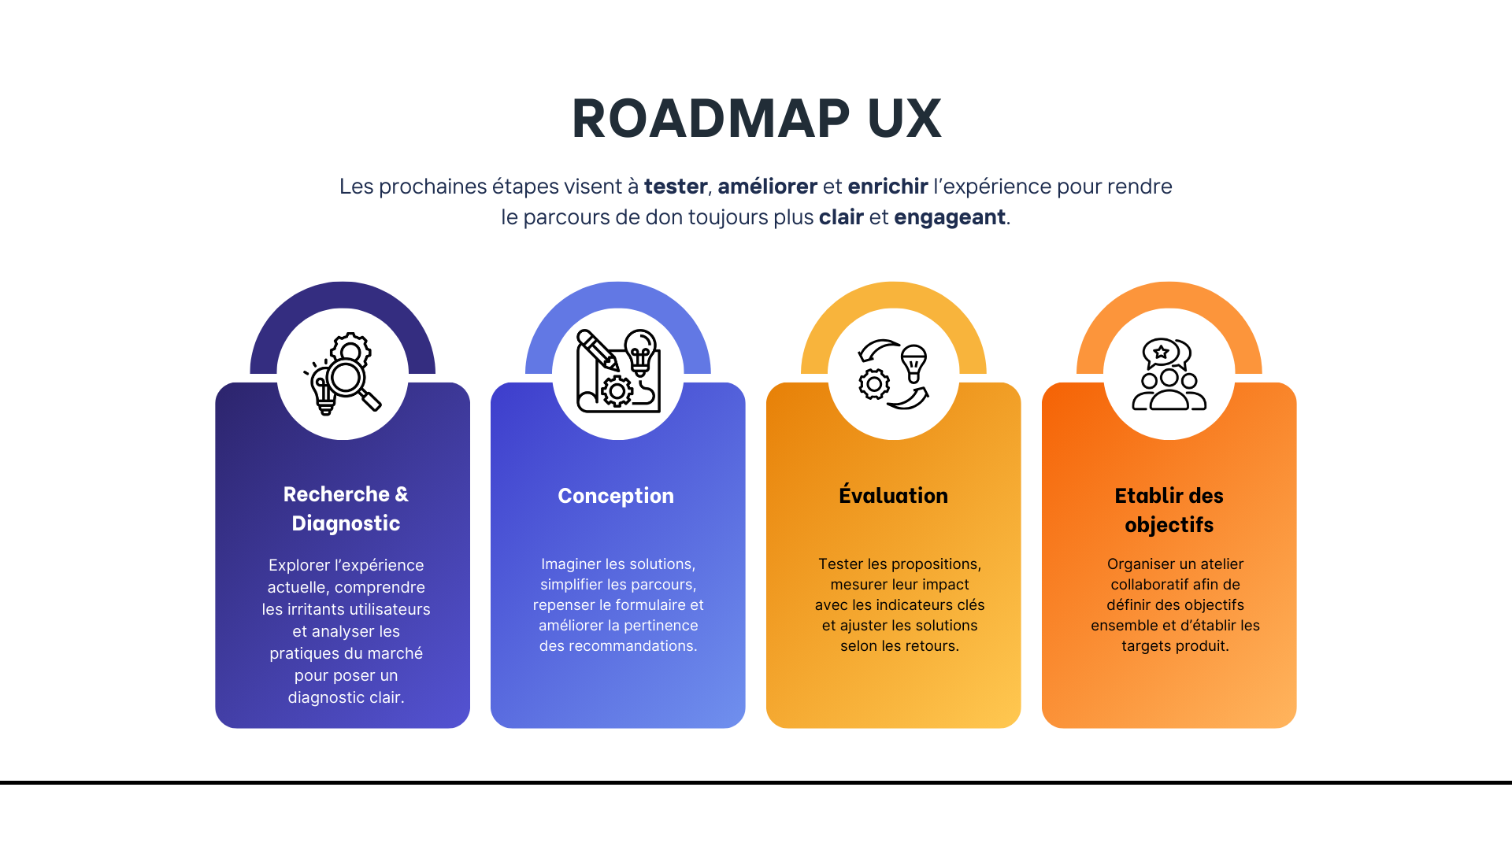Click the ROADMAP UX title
[x=756, y=119]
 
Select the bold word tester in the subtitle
[x=675, y=187]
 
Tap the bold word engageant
[x=949, y=217]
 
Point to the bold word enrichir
[x=888, y=187]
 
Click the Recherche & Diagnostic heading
[x=346, y=508]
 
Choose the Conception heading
[x=616, y=496]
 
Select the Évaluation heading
[x=893, y=496]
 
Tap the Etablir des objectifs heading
[x=1169, y=510]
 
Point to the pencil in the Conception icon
[x=597, y=350]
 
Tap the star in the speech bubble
[x=1161, y=352]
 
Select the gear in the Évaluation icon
[x=873, y=385]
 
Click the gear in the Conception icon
[x=617, y=391]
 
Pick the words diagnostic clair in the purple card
[x=346, y=698]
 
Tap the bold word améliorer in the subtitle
[x=767, y=187]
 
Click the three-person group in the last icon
[x=1169, y=391]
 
